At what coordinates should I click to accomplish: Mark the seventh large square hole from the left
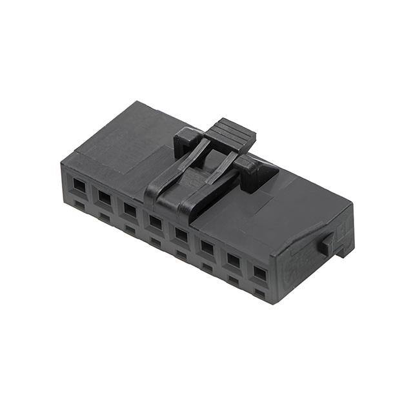click(233, 260)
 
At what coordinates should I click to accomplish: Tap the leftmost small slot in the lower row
click(79, 205)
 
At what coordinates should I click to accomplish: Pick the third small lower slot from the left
click(130, 230)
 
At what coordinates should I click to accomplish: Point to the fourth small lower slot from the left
click(156, 243)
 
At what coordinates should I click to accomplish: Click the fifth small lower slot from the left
click(181, 255)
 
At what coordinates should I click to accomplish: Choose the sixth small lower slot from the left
click(207, 267)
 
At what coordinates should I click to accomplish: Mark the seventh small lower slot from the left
click(233, 280)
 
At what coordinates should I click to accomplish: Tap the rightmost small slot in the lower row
click(259, 294)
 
